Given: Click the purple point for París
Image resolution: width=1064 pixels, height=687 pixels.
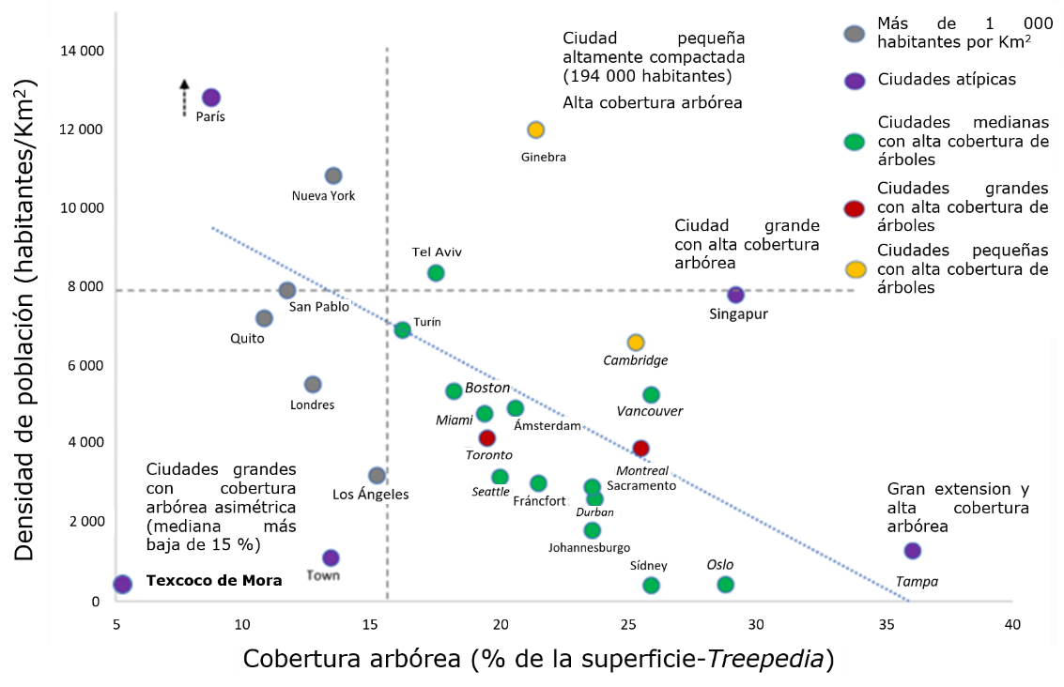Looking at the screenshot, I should coord(211,98).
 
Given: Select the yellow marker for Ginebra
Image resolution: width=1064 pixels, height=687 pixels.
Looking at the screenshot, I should coord(535,130).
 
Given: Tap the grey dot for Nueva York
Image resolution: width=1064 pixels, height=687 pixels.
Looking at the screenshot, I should coord(333,176).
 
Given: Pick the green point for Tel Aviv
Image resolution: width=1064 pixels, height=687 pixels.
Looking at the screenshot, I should coord(436,273).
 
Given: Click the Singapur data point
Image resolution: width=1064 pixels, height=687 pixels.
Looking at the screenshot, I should coord(735,295).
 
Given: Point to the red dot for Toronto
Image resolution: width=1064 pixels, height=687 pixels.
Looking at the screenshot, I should coord(486,437).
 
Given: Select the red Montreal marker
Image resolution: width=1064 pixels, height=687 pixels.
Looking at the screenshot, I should coord(640,448).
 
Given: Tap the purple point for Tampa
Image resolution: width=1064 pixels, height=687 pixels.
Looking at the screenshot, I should coord(912,551).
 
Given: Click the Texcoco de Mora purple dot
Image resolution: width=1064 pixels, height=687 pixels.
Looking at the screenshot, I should coord(122,584).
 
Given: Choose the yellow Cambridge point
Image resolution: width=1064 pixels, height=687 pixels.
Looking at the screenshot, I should coord(636,343).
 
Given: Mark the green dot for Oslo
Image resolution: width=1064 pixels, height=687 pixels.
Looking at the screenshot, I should coord(725,585).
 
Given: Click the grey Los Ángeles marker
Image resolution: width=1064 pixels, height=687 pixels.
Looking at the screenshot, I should coord(377,476).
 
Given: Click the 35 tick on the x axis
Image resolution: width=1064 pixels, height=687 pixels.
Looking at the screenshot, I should coord(885,624).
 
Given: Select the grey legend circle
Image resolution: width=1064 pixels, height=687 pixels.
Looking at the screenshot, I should coord(854,35).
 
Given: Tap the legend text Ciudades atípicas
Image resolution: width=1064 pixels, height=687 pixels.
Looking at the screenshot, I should coord(947,80).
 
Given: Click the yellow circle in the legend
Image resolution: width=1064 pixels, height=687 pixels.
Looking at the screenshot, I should coord(855,270).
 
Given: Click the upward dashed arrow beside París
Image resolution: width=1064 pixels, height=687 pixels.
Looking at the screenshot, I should coord(184,98).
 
